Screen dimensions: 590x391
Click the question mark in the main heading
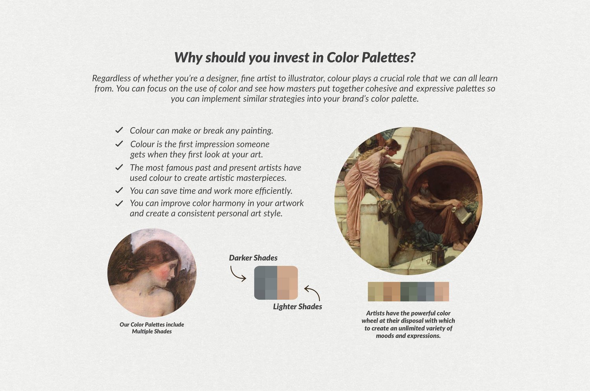tap(412, 57)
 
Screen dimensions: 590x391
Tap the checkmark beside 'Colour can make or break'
tap(119, 130)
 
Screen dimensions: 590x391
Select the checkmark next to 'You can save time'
tap(119, 190)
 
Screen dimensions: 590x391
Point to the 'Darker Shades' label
tap(253, 258)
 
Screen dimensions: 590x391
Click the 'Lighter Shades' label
tap(297, 306)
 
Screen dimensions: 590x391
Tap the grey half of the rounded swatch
tap(265, 283)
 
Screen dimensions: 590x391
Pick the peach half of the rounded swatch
tap(288, 283)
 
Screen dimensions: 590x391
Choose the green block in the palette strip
tap(409, 291)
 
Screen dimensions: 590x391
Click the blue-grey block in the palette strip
tap(426, 291)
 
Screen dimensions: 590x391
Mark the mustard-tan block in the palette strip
tap(376, 291)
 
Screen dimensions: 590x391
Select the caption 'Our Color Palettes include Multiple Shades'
tap(152, 328)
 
